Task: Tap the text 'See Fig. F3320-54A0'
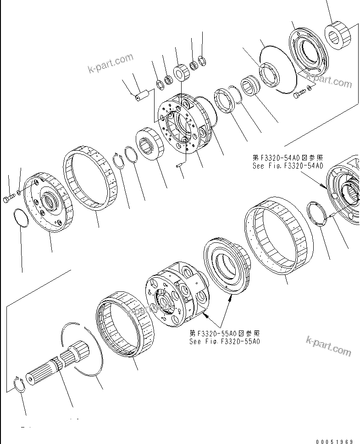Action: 288,166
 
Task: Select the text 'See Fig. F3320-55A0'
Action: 225,341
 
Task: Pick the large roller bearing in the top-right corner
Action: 339,36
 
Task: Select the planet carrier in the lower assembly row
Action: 177,293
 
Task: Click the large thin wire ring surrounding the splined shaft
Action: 85,348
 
